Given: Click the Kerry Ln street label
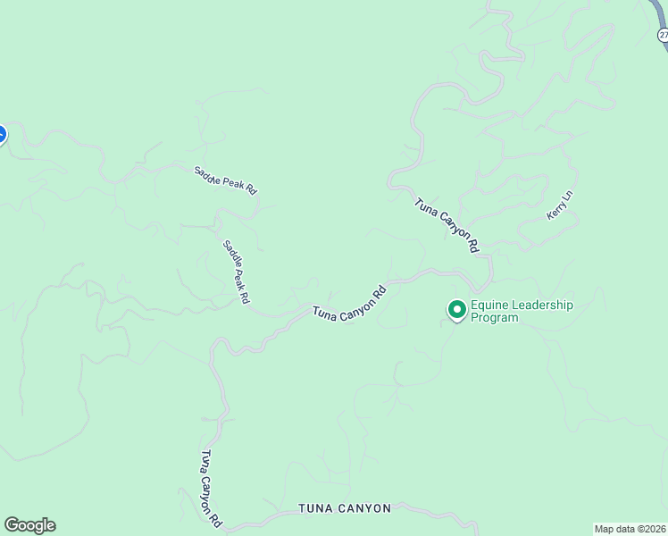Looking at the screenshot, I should tap(560, 205).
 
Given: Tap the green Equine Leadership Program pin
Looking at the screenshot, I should tap(457, 310).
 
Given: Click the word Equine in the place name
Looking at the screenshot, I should tap(490, 305).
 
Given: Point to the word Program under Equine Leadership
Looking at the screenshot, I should tap(494, 317).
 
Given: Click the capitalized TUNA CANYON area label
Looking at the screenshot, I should tap(345, 508).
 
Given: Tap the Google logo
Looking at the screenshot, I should tap(29, 525).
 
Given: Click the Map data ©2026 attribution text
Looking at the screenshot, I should tap(630, 529).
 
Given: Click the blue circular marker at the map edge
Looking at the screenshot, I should tap(1, 135).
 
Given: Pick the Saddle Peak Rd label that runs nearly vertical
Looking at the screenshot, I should tap(236, 272).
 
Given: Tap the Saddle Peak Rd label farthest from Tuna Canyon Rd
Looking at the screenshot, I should tap(226, 180).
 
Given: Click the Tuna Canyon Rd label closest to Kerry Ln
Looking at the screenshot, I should tap(447, 224).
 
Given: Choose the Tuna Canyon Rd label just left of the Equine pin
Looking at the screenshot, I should tap(349, 304).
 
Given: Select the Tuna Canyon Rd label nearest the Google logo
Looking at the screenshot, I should tap(211, 489).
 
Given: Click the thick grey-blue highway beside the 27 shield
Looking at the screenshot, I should tap(656, 13).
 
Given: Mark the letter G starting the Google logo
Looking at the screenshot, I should tap(12, 525).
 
